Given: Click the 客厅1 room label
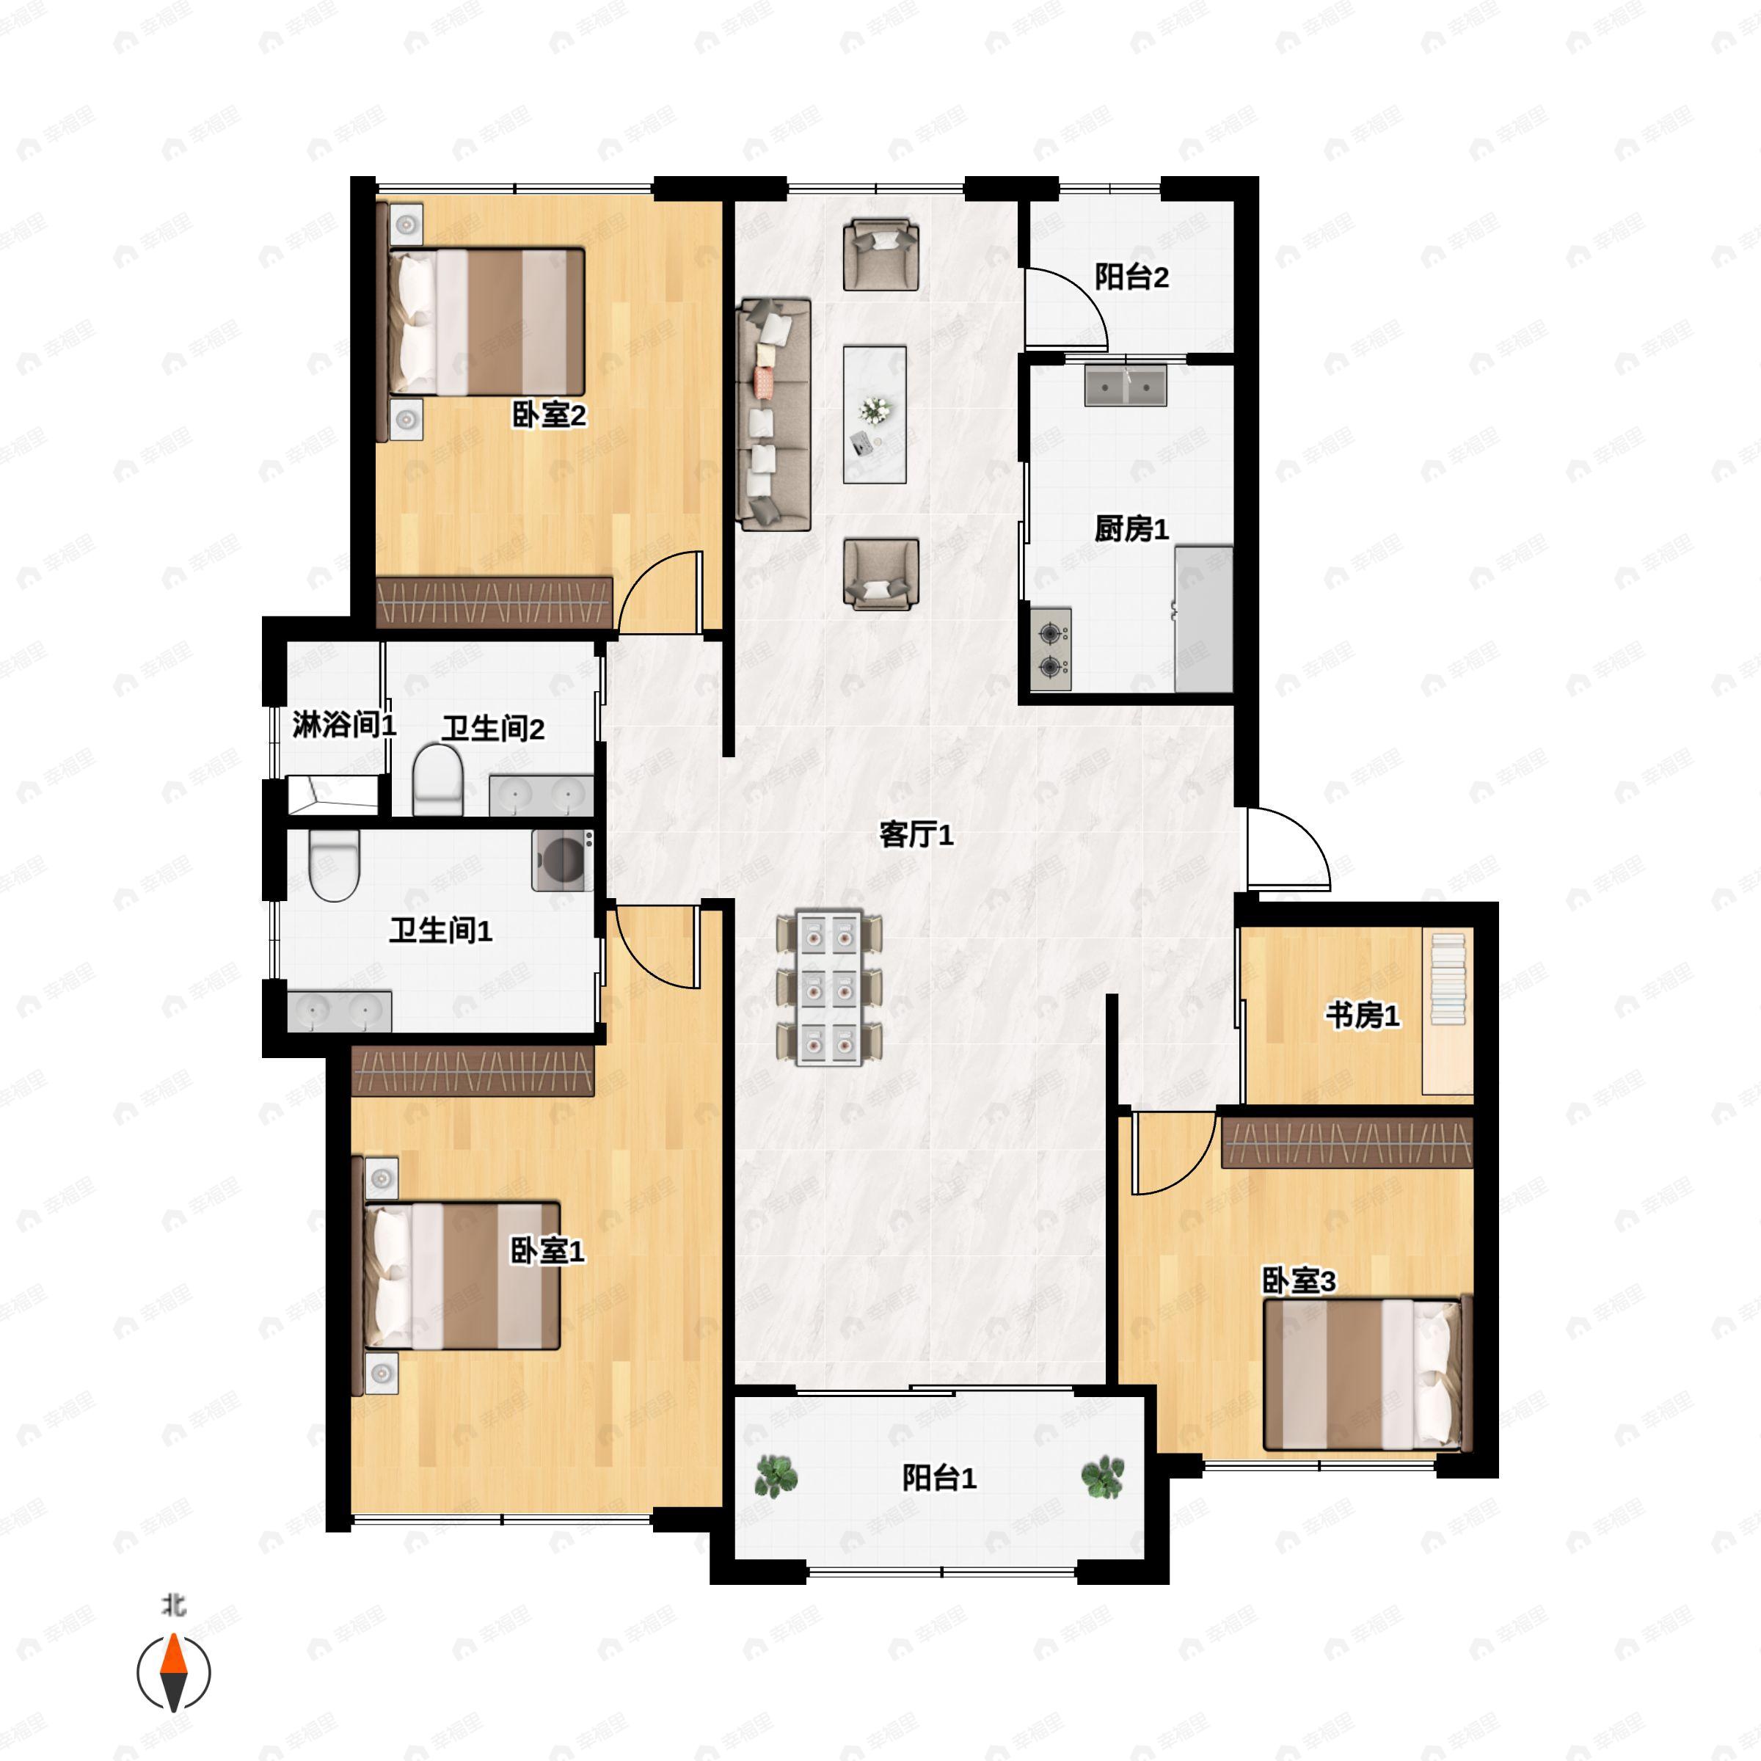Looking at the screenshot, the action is pyautogui.click(x=916, y=834).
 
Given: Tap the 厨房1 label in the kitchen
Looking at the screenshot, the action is pyautogui.click(x=1131, y=528).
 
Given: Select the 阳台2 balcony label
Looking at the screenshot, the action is pyautogui.click(x=1131, y=276).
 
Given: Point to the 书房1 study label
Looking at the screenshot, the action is pyautogui.click(x=1363, y=1015).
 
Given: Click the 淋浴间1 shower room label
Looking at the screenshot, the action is pyautogui.click(x=343, y=725).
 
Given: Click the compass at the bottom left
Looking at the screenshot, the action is pyautogui.click(x=174, y=1673).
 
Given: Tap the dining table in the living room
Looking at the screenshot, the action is pyautogui.click(x=828, y=987).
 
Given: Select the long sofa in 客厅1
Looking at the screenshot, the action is pyautogui.click(x=774, y=415).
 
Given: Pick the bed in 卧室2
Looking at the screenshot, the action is pyautogui.click(x=486, y=322).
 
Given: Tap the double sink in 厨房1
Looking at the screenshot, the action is pyautogui.click(x=1126, y=385).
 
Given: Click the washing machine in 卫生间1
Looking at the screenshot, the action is pyautogui.click(x=562, y=859).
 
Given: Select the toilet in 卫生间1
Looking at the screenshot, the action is pyautogui.click(x=335, y=865).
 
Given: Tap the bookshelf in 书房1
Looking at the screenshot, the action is pyautogui.click(x=1448, y=979).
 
